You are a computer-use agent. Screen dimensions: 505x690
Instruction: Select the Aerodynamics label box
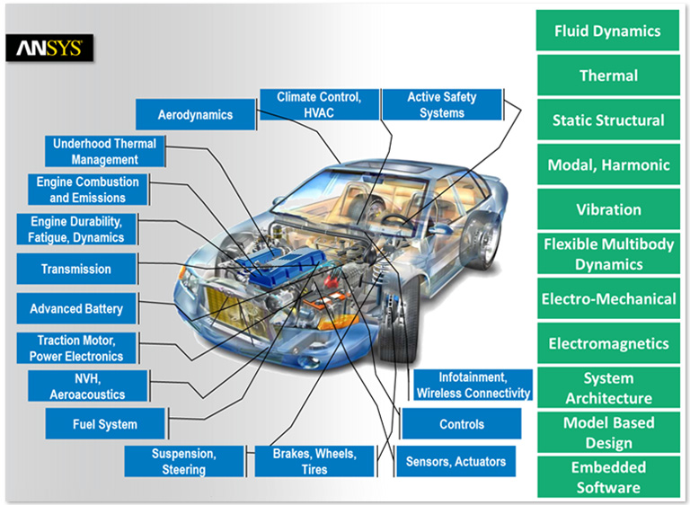195,115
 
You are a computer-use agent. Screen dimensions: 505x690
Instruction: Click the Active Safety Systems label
441,104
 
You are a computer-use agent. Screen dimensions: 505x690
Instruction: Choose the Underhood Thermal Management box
105,151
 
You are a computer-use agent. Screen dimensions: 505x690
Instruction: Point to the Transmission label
76,269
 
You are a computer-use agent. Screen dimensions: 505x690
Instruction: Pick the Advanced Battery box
76,308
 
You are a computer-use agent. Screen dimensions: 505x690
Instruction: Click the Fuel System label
105,424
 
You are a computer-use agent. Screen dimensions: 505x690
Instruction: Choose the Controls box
462,424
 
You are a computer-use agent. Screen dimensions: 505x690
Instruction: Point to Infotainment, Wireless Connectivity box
473,385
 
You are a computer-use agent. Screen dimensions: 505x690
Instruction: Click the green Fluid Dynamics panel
607,31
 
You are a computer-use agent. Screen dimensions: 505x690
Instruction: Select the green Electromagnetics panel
608,343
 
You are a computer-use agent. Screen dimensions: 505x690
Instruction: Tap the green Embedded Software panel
608,477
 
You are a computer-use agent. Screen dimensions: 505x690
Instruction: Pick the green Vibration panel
608,209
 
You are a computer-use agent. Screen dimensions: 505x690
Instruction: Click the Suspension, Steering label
184,462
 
